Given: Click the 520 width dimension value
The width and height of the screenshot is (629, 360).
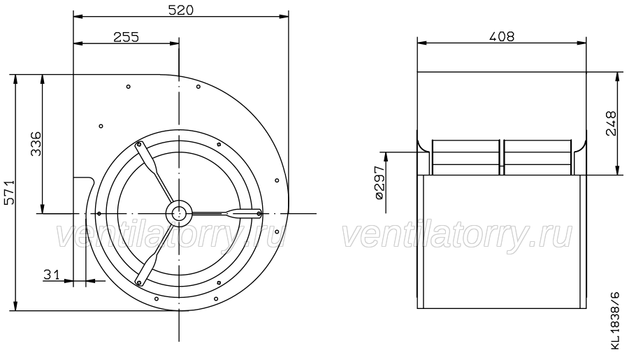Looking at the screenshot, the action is pyautogui.click(x=180, y=10).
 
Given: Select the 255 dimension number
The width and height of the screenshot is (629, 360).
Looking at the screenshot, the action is pyautogui.click(x=126, y=37).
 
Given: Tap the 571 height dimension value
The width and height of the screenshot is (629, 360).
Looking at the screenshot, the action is pyautogui.click(x=9, y=192).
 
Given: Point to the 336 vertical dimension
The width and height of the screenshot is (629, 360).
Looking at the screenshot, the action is pyautogui.click(x=36, y=144).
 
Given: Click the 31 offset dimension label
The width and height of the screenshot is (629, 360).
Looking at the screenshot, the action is pyautogui.click(x=51, y=275).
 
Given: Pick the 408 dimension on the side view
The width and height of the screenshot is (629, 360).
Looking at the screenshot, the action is pyautogui.click(x=501, y=36).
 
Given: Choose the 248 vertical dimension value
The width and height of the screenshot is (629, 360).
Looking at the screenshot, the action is pyautogui.click(x=611, y=124).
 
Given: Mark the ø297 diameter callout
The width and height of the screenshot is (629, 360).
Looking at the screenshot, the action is pyautogui.click(x=379, y=182).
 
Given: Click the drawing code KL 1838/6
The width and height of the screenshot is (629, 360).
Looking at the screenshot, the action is pyautogui.click(x=615, y=320).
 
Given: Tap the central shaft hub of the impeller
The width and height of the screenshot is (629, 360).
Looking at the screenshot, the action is pyautogui.click(x=179, y=213).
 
